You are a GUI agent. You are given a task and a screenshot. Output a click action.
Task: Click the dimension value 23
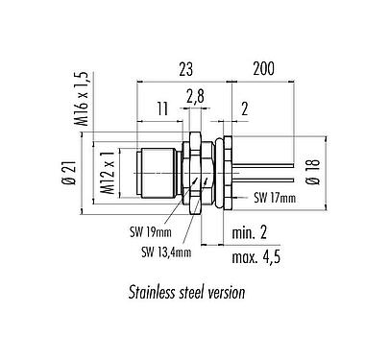coord(186,69)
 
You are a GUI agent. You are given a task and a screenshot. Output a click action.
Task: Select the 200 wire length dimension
coord(264,68)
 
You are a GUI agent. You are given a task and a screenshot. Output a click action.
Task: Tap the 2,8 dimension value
coord(195,97)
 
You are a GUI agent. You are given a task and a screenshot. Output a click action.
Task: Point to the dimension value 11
coord(162,108)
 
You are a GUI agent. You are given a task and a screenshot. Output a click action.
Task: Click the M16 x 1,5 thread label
coord(82,99)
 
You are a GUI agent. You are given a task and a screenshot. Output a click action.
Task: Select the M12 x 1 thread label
coord(109,173)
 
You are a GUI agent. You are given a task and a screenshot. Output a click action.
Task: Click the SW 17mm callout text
coord(275,198)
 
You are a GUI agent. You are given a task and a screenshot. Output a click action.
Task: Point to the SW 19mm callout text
coord(151,232)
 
